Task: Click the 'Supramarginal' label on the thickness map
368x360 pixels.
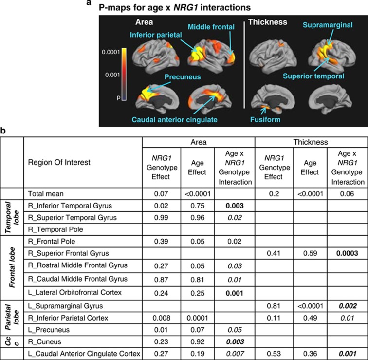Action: [x=327, y=25]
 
